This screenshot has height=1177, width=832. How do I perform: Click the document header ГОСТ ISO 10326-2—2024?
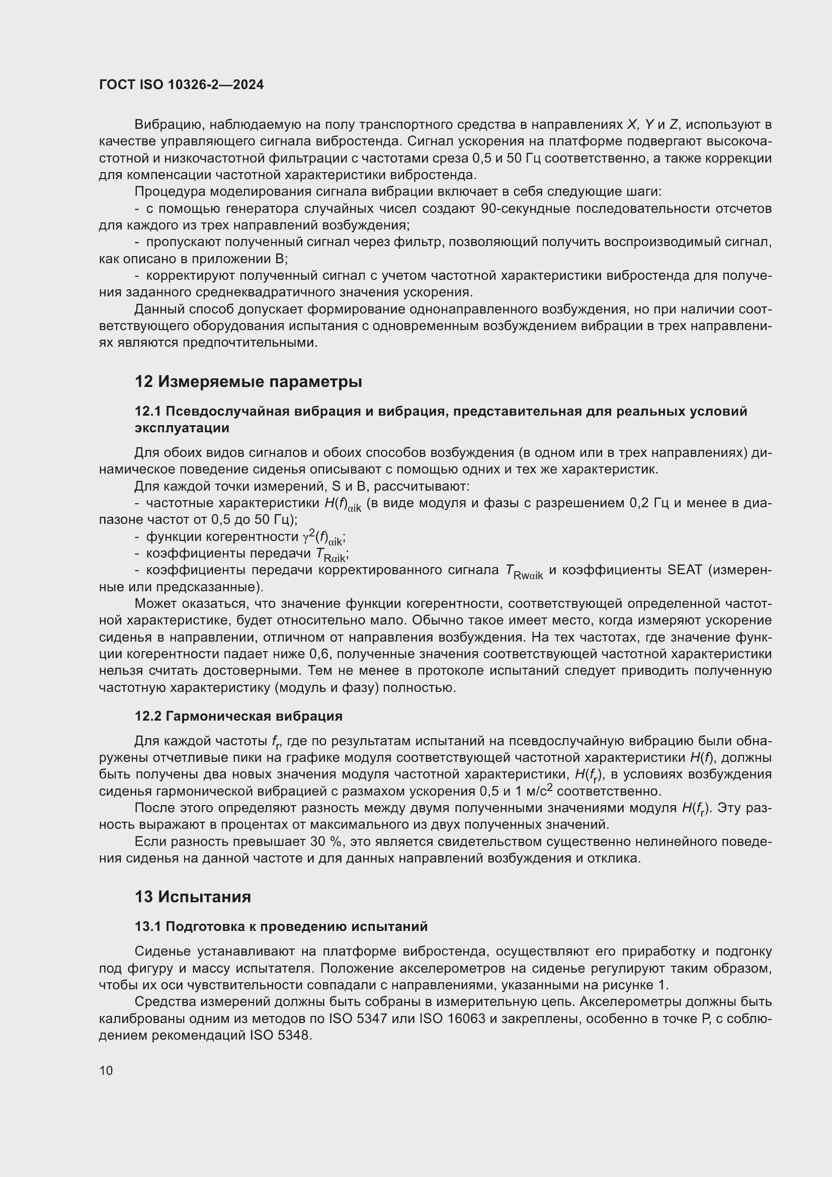(181, 85)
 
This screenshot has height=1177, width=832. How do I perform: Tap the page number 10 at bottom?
(106, 1070)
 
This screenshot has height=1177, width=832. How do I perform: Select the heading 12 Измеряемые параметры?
(248, 382)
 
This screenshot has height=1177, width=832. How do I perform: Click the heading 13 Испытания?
(193, 897)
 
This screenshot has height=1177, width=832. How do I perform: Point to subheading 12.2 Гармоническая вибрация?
(238, 716)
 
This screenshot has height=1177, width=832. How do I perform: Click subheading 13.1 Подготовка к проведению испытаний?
(281, 926)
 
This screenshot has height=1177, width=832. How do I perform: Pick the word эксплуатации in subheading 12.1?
(182, 428)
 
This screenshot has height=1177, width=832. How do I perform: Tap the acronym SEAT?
(684, 570)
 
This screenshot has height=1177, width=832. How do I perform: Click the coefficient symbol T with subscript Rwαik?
(523, 572)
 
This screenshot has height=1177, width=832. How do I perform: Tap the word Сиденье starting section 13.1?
(161, 952)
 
